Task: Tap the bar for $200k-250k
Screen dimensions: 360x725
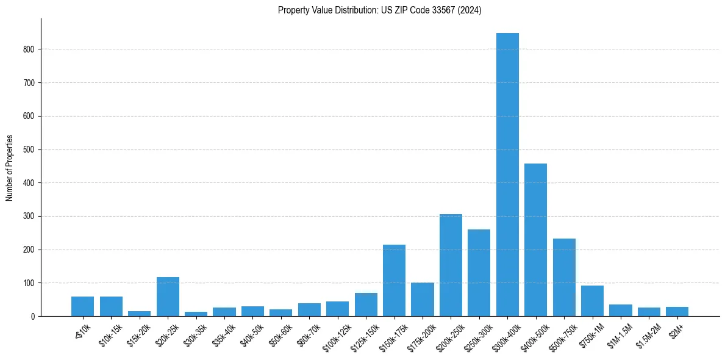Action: (451, 265)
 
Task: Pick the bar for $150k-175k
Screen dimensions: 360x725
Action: (394, 281)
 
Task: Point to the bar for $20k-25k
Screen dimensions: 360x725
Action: (168, 297)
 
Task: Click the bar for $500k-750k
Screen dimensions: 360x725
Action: (564, 278)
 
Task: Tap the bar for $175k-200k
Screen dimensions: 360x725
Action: (422, 300)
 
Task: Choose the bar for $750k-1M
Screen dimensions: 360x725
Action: (592, 301)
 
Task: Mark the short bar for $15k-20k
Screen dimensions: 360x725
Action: (139, 314)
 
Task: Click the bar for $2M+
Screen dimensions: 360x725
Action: (677, 312)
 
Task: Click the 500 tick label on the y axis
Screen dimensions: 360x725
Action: (30, 149)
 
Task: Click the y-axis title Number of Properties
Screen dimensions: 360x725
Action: (9, 168)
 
